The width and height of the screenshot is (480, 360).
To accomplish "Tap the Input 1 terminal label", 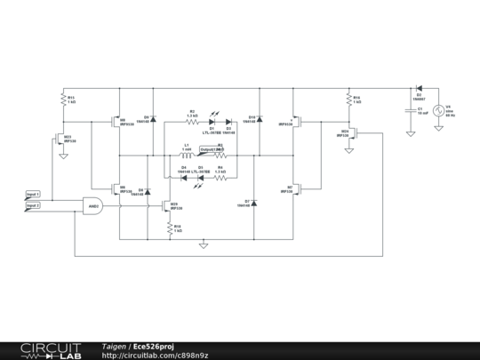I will [x=33, y=193].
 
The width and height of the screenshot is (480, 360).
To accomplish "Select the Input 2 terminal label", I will [x=33, y=205].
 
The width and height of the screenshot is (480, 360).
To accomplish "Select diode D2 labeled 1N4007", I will [x=418, y=89].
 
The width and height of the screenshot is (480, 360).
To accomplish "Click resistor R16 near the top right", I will [x=349, y=100].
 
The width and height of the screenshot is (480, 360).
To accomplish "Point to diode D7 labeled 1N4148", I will [x=253, y=204].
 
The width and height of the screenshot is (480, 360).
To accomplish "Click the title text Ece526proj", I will [x=156, y=346].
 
